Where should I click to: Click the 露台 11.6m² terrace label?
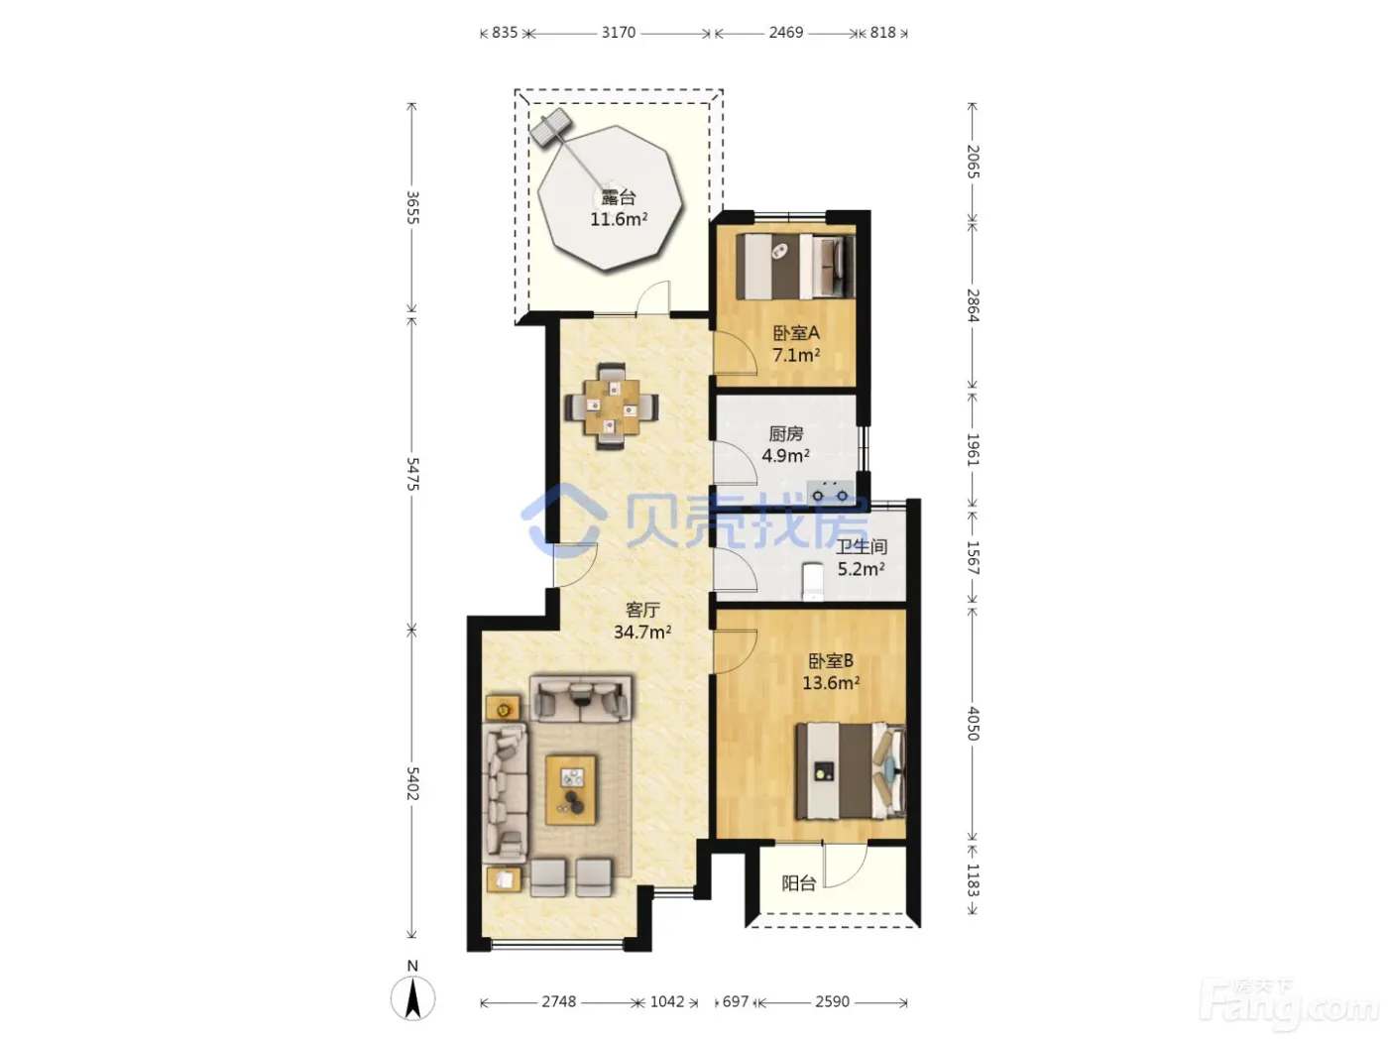(x=618, y=208)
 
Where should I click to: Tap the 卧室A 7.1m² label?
(x=796, y=344)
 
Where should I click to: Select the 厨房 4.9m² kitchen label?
(x=786, y=444)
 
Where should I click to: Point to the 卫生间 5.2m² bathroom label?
(x=862, y=557)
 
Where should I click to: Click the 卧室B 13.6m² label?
(x=831, y=671)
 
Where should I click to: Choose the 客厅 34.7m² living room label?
(x=642, y=621)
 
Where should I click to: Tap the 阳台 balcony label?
(x=799, y=883)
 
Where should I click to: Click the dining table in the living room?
(x=612, y=406)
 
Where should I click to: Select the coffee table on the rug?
(x=571, y=789)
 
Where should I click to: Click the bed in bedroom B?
(x=851, y=771)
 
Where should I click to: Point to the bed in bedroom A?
(x=795, y=266)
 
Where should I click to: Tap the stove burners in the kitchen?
(x=830, y=491)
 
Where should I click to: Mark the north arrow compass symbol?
(x=412, y=998)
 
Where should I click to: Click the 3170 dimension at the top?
(x=618, y=33)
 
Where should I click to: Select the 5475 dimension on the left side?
(x=412, y=474)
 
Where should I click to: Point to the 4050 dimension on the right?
(x=974, y=724)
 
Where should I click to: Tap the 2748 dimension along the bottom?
(x=559, y=1001)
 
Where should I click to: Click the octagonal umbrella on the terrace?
(x=610, y=198)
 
